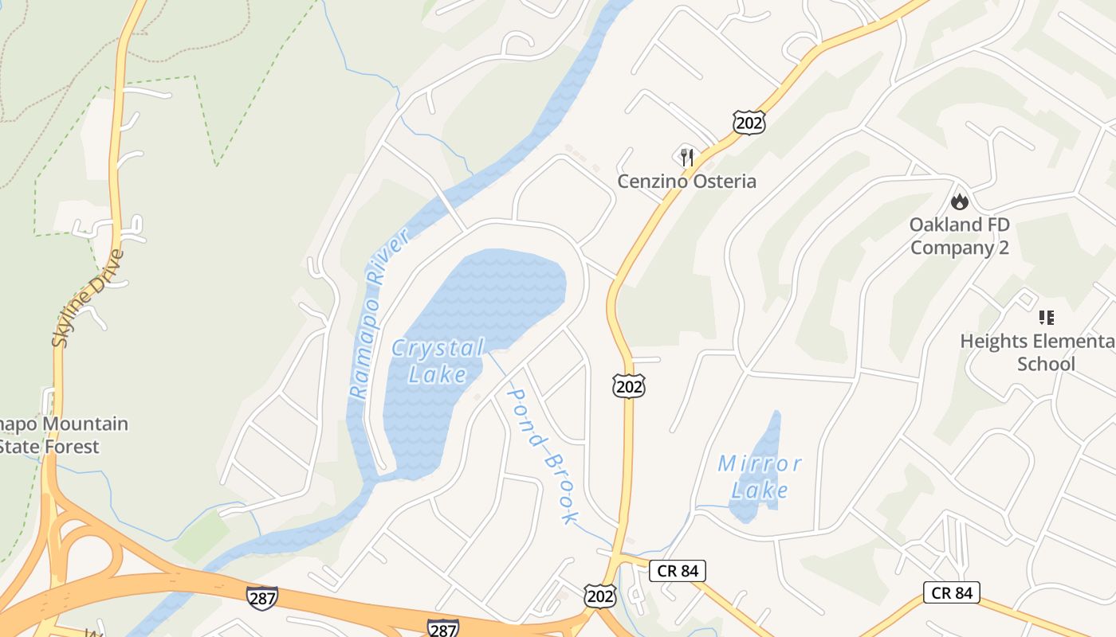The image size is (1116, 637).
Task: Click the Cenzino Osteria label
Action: (x=686, y=181)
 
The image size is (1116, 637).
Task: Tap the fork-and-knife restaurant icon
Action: (x=687, y=157)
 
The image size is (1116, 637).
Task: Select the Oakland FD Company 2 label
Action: (x=960, y=236)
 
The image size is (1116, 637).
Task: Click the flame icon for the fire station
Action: (x=960, y=201)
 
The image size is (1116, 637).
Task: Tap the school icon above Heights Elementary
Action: (x=1046, y=318)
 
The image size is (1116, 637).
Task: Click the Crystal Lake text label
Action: (x=438, y=361)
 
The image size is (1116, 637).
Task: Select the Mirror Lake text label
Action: (x=759, y=476)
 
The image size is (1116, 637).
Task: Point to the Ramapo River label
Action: (x=379, y=314)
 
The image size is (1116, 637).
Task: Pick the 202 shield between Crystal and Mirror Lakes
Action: (x=628, y=386)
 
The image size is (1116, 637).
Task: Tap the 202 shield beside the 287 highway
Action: (x=599, y=595)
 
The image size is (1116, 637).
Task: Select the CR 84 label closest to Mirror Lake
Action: (x=678, y=570)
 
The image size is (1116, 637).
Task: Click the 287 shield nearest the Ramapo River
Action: (x=262, y=598)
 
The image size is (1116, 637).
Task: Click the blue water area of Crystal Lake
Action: (x=478, y=303)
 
